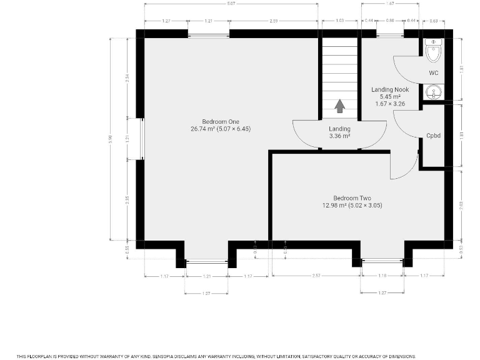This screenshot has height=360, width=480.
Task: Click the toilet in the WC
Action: click(x=433, y=51)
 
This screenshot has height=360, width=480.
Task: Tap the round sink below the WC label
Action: click(x=433, y=93)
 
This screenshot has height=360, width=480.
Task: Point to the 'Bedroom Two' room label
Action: click(x=352, y=197)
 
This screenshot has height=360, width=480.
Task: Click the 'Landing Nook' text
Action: click(x=390, y=89)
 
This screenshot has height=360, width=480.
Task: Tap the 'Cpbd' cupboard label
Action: click(x=434, y=135)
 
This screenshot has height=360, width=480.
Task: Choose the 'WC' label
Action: click(x=434, y=73)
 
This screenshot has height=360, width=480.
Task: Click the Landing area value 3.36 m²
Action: click(x=339, y=136)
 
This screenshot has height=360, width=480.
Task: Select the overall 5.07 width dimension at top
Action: click(x=231, y=4)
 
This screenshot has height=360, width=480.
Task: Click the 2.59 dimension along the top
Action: click(x=274, y=21)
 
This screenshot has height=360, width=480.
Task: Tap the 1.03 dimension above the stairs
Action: click(x=339, y=21)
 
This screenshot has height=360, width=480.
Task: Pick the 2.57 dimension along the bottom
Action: click(x=316, y=276)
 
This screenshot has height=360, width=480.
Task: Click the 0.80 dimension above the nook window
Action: click(x=390, y=21)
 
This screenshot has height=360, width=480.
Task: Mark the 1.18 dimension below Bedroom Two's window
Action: click(x=382, y=276)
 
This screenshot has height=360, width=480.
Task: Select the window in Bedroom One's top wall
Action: click(x=208, y=34)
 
